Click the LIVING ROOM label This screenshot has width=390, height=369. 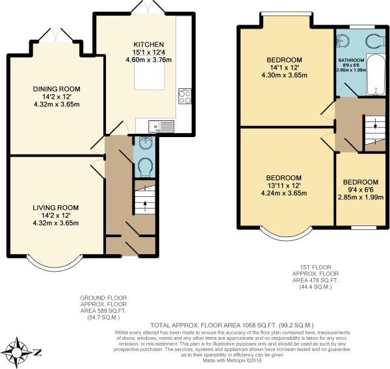55,207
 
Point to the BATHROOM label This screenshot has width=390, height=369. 352,60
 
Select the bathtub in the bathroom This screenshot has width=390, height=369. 376,77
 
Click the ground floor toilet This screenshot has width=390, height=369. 144,166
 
